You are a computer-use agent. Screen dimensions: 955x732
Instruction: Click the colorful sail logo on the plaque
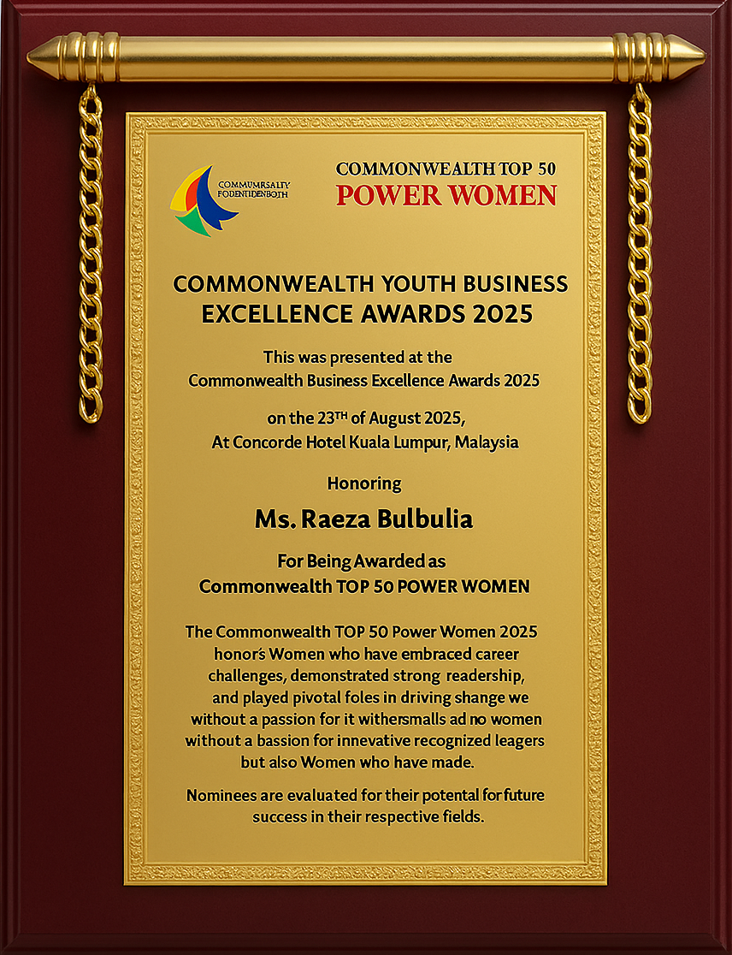204,202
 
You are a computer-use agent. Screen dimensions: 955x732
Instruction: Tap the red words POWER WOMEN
446,195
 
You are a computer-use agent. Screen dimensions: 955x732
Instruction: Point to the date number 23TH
326,419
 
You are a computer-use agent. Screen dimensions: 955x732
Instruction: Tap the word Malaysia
487,443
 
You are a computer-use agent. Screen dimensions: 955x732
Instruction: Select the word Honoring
364,483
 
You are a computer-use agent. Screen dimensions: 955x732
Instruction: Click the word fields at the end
462,816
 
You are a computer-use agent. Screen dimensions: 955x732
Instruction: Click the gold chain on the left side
91,257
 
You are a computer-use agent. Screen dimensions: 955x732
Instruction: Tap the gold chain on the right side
639,257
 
